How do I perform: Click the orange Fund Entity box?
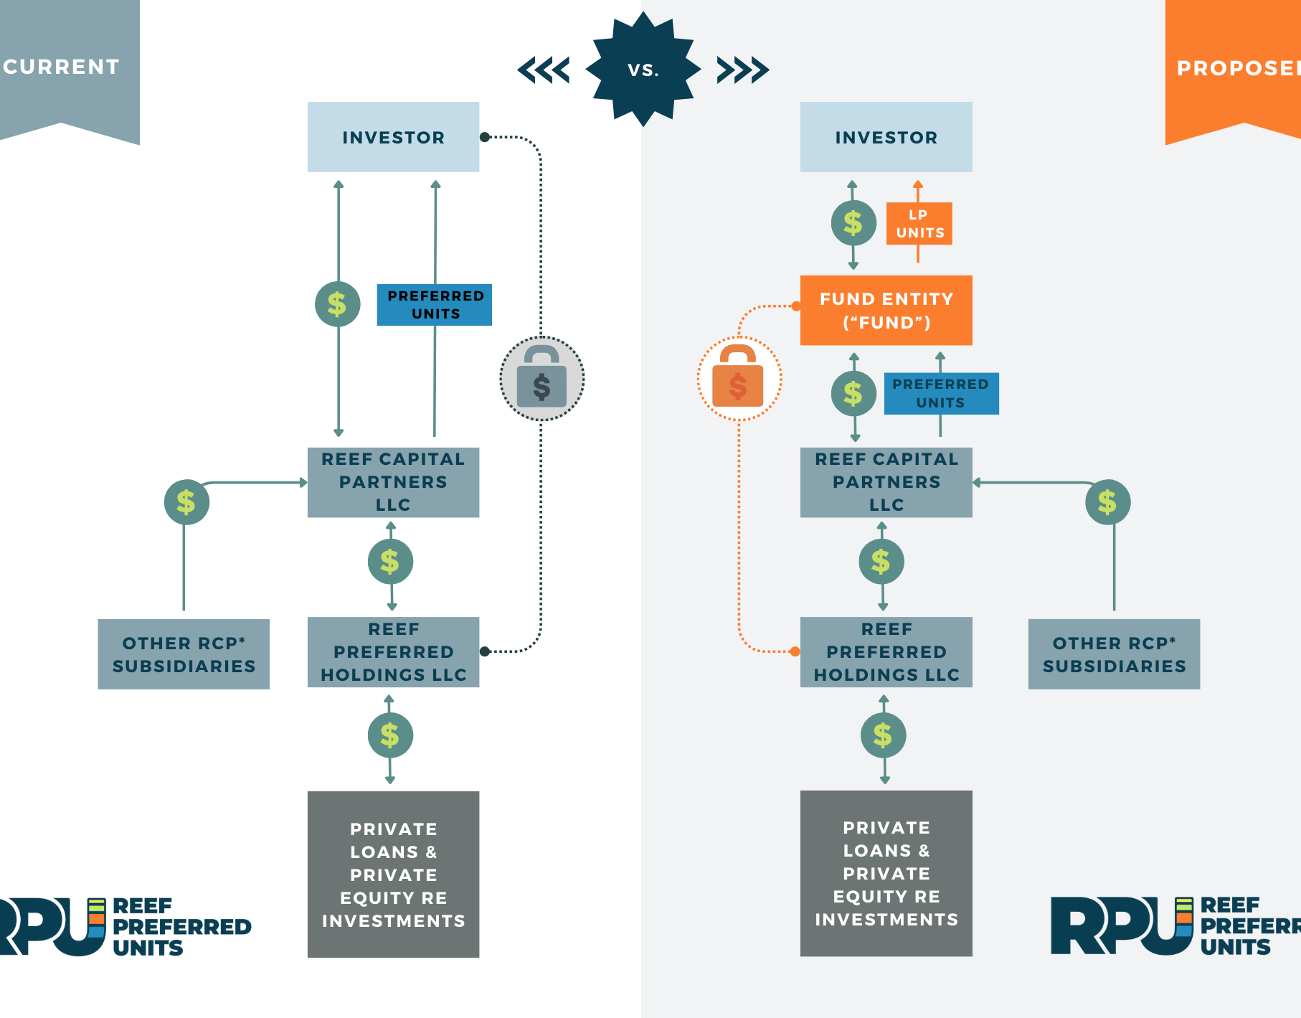point(886,311)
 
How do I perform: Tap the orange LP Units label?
point(919,224)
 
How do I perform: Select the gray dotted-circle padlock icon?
point(541,378)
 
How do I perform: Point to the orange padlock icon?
point(739,378)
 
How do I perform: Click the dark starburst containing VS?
point(643,70)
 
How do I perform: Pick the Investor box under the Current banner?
point(393,137)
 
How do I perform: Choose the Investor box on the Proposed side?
point(886,137)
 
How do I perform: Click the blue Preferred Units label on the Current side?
point(435,305)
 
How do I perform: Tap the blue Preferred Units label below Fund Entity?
point(941,394)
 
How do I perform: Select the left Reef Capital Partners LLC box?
point(393,482)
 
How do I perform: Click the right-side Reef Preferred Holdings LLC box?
point(886,652)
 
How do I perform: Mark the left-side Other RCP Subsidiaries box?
point(184,654)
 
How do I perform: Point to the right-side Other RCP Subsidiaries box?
point(1114,654)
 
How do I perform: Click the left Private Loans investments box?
point(393,875)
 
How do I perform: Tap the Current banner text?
point(62,67)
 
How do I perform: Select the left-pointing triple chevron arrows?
point(544,70)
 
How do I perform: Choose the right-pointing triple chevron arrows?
point(743,70)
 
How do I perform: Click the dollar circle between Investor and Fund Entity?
point(853,223)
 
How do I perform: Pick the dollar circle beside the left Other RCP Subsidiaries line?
point(186,502)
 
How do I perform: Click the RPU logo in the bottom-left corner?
point(122,926)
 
